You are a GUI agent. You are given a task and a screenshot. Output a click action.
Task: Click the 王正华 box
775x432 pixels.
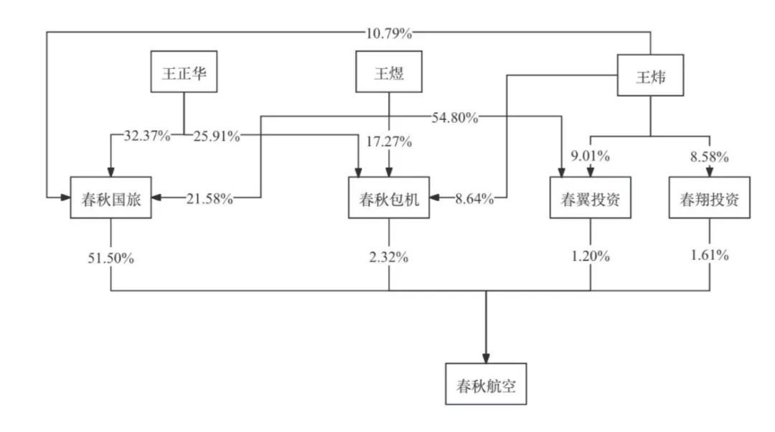tap(184, 72)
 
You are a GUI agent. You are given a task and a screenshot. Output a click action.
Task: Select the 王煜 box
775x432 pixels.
tap(389, 72)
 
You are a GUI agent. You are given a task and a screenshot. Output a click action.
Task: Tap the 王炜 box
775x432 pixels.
tap(650, 75)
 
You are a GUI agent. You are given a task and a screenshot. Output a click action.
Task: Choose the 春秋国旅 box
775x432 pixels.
tap(111, 198)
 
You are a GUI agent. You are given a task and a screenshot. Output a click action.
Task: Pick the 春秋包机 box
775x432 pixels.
tap(389, 198)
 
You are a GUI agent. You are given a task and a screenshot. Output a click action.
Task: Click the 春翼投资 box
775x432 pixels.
tap(591, 198)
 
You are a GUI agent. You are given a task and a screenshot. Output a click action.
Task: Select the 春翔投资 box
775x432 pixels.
tap(709, 198)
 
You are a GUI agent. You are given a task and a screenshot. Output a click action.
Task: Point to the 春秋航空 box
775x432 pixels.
tap(486, 384)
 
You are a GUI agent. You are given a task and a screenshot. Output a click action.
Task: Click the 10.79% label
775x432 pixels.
tap(388, 33)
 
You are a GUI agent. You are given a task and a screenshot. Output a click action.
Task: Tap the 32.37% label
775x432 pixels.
tap(147, 136)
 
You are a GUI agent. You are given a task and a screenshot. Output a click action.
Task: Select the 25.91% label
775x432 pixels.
tap(217, 136)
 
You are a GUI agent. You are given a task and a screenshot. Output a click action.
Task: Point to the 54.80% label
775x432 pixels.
tap(455, 118)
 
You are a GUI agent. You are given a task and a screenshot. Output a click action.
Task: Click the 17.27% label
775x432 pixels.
tap(388, 142)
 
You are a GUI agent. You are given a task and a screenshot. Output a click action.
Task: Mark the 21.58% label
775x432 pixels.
tap(210, 199)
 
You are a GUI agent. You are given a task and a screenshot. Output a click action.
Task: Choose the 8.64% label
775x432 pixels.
tap(474, 199)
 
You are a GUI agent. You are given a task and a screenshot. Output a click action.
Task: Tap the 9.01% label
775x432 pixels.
tap(590, 156)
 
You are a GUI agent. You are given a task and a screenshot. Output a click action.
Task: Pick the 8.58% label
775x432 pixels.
tap(709, 156)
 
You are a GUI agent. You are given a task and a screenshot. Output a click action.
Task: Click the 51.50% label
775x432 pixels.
tap(111, 258)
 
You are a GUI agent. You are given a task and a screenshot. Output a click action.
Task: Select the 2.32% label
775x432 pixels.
tap(388, 257)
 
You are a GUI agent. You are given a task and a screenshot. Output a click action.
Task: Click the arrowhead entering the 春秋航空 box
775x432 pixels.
tap(486, 358)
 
